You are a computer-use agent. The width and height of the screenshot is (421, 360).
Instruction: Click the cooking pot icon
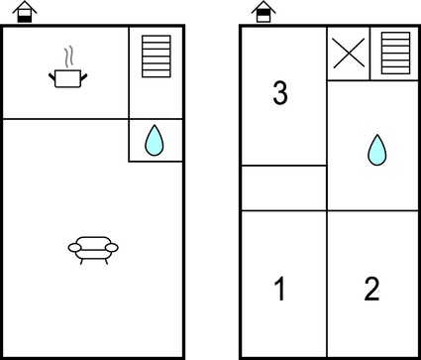[x=67, y=77]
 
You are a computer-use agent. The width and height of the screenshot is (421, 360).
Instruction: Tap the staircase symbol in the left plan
[x=158, y=57]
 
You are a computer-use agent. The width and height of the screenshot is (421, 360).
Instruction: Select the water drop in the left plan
[x=154, y=140]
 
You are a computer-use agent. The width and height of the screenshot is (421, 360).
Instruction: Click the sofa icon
[x=93, y=247]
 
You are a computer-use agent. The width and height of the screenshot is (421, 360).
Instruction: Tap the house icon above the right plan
[x=263, y=11]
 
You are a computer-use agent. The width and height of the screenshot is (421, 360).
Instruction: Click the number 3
[x=280, y=94]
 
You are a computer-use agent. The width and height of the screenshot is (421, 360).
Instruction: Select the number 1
[x=279, y=290]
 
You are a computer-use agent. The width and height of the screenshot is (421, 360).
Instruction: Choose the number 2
[x=371, y=290]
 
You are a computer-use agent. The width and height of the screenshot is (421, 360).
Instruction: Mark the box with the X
[x=348, y=54]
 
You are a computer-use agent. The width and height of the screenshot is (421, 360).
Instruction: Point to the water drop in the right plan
[x=376, y=150]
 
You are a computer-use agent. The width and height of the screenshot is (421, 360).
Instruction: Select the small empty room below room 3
[x=283, y=188]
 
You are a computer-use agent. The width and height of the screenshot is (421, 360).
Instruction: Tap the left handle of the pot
[x=51, y=72]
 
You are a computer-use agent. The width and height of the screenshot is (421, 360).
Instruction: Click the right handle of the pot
[x=84, y=72]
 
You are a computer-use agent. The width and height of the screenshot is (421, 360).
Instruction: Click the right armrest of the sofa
[x=113, y=247]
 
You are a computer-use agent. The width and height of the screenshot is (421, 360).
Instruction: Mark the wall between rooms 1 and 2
[x=327, y=283]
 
